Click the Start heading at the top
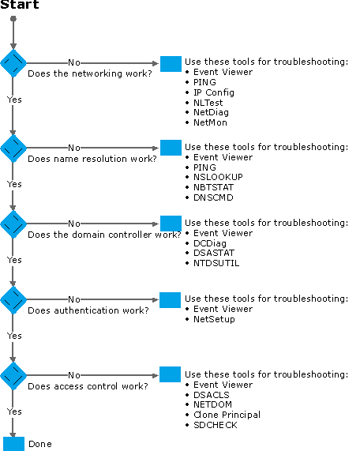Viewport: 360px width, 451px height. coord(20,5)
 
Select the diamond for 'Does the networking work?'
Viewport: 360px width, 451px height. coord(13,63)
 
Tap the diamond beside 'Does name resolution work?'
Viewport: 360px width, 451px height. coord(13,148)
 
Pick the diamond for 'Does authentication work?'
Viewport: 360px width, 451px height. coord(13,299)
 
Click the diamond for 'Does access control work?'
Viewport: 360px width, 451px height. coord(13,376)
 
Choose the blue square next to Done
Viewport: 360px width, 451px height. coord(13,444)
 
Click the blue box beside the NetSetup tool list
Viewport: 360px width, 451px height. coord(170,300)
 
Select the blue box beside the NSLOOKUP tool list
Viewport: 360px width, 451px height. coord(171,148)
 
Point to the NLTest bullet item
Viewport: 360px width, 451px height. coord(208,103)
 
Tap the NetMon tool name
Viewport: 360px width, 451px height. coord(210,122)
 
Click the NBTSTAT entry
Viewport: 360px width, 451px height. coord(213,187)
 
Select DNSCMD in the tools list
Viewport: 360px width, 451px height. coord(213,197)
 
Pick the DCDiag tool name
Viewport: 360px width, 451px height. coord(210,243)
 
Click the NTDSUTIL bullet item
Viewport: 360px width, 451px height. coord(216,263)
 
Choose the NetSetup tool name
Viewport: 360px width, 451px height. coord(214,319)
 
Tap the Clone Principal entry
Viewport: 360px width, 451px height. coord(227,415)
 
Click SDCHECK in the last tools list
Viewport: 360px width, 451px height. coord(216,425)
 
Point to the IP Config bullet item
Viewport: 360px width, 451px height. coord(214,92)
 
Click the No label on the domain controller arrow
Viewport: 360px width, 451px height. coord(74,224)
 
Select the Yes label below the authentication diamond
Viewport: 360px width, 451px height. coord(14,336)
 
